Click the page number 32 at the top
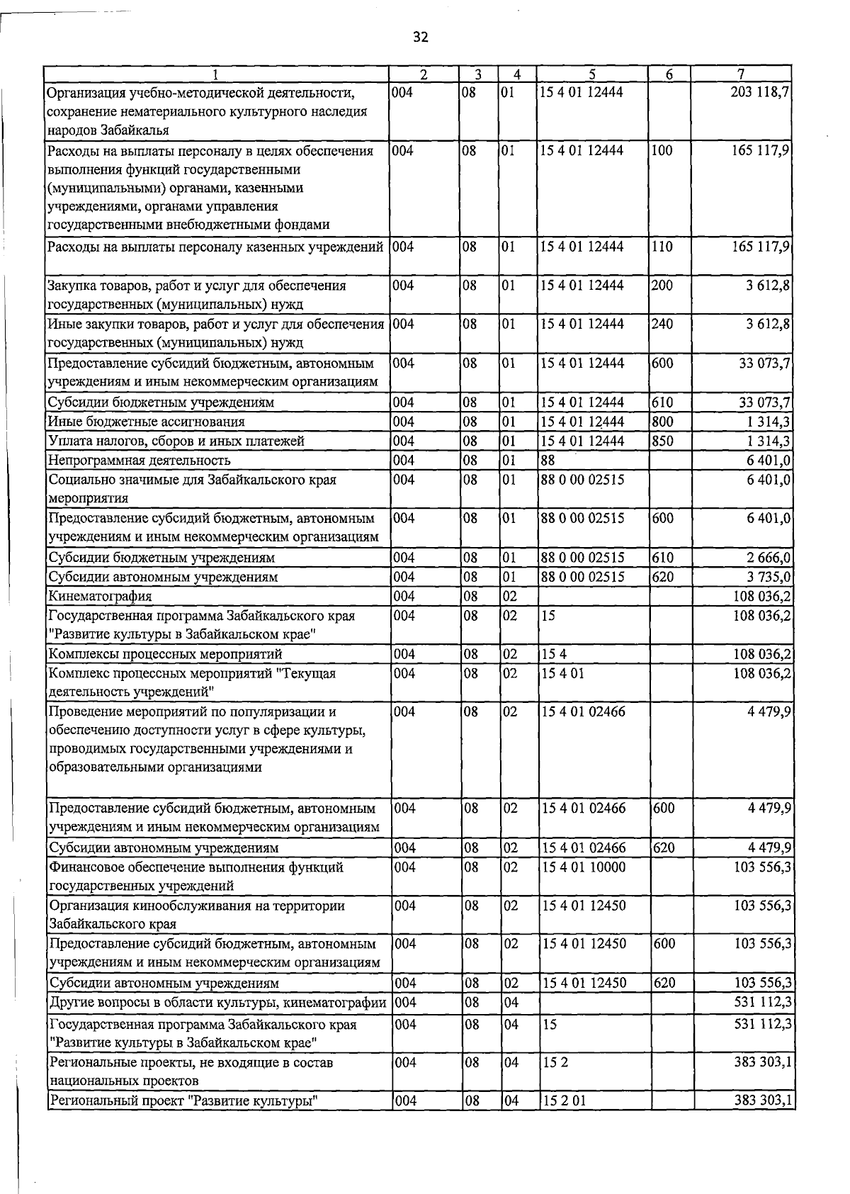click(x=421, y=38)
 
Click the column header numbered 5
click(x=591, y=74)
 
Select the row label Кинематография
click(x=100, y=596)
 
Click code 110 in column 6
click(x=662, y=247)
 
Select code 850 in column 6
click(x=662, y=441)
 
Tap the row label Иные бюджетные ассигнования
click(x=146, y=422)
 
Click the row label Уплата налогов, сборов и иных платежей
click(x=176, y=441)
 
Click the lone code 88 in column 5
click(x=548, y=461)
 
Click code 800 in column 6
click(x=662, y=422)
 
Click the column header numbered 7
click(x=741, y=74)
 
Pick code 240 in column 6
click(x=662, y=324)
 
